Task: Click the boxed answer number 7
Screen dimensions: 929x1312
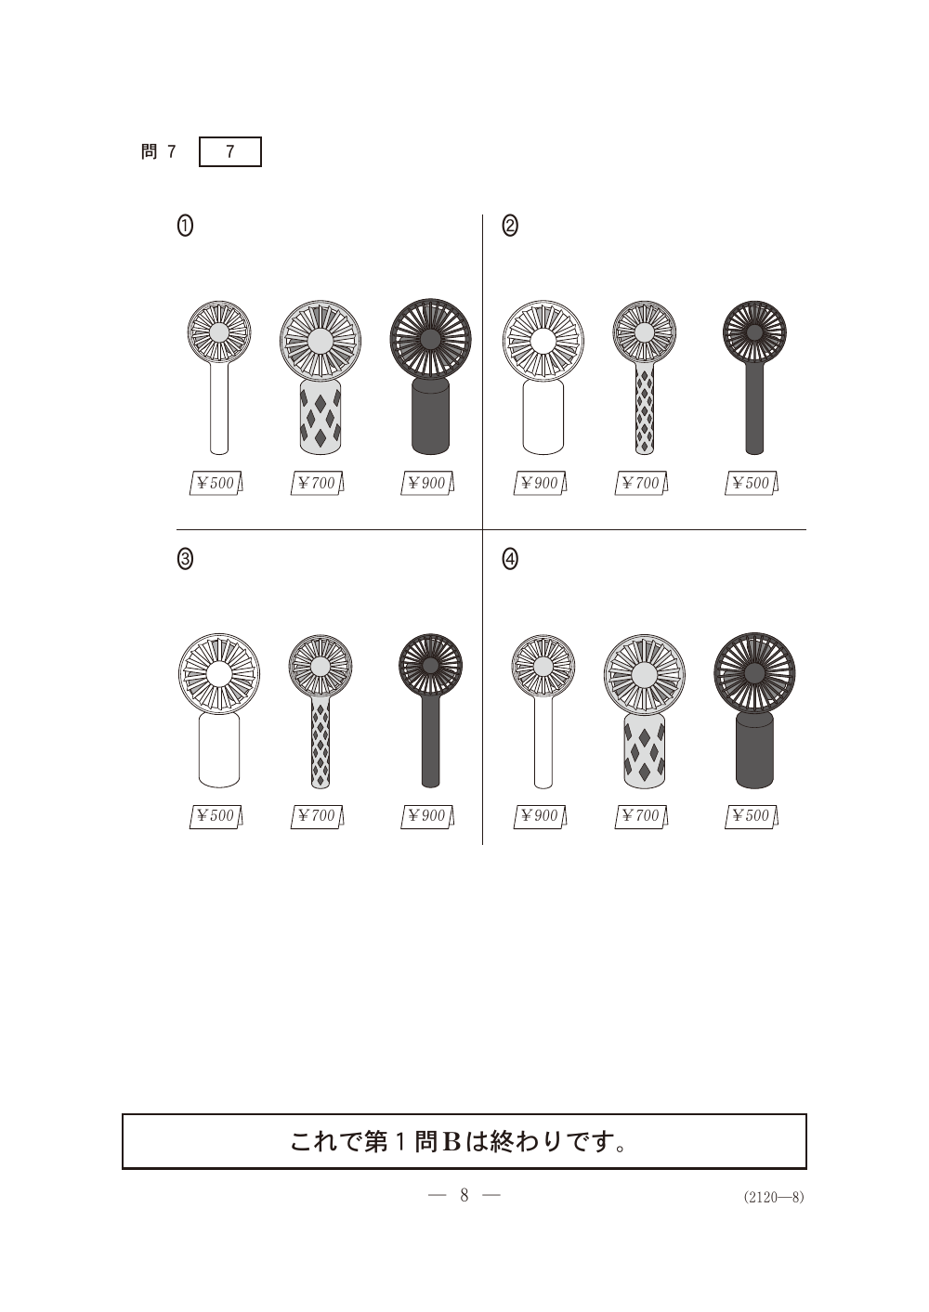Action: pyautogui.click(x=229, y=151)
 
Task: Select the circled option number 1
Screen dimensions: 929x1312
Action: pyautogui.click(x=185, y=226)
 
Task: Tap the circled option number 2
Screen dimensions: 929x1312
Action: pyautogui.click(x=510, y=226)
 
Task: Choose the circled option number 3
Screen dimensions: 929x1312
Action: pyautogui.click(x=185, y=559)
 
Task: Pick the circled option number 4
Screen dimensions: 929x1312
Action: pyautogui.click(x=510, y=559)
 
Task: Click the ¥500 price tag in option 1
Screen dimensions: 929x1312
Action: pyautogui.click(x=216, y=483)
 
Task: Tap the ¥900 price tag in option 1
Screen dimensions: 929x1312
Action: pyautogui.click(x=427, y=483)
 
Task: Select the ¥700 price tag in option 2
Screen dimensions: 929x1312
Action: pyautogui.click(x=641, y=483)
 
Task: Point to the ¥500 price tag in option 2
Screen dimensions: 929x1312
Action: pyautogui.click(x=752, y=483)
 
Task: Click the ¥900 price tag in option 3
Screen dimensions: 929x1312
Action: pyautogui.click(x=427, y=816)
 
